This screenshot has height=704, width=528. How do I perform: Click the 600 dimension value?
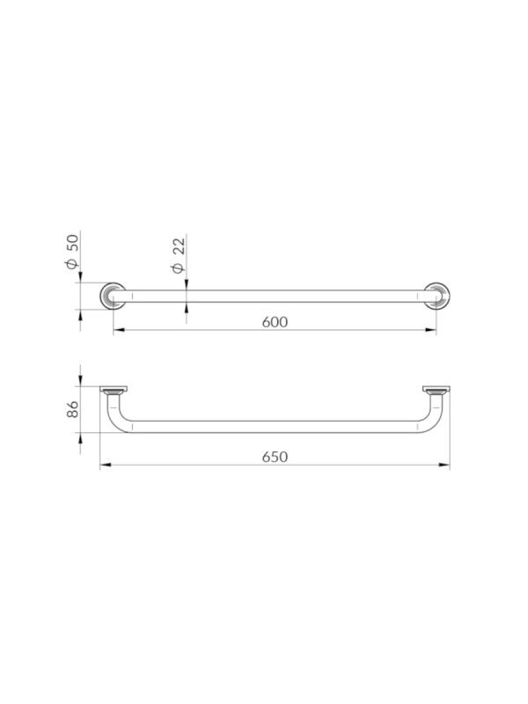[275, 322]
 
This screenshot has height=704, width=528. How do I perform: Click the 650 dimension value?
[275, 457]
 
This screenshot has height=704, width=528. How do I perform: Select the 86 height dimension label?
[73, 409]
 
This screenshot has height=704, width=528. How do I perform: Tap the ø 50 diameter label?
[72, 252]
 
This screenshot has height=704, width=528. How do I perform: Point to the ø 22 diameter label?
[179, 255]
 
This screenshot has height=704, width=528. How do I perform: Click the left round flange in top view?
[113, 296]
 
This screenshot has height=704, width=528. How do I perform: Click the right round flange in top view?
[436, 296]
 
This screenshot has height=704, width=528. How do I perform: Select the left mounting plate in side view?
[114, 389]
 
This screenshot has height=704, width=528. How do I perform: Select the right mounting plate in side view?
[436, 389]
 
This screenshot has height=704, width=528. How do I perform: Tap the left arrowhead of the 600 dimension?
[118, 330]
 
